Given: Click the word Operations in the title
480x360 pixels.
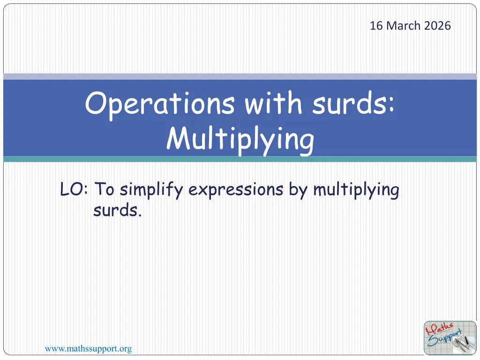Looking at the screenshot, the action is pos(160,104).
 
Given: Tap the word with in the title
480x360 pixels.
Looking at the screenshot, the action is pos(274,103).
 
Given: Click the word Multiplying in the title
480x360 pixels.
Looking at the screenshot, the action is pos(240,139).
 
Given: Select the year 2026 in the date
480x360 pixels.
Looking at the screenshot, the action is pos(437,26).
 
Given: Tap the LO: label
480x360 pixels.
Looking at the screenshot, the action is pos(74,189).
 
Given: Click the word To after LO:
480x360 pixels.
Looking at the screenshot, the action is pos(105,189).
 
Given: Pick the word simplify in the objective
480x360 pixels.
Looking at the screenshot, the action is pos(151,190).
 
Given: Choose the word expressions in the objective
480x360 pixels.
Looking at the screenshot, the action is pos(236,190).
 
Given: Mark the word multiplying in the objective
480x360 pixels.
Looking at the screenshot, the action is pos(356,190).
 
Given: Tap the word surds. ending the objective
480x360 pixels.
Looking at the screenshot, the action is pos(118,210).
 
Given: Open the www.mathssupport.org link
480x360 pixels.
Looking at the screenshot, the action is pos(88,349).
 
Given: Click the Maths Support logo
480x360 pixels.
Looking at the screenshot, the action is pos(450,338).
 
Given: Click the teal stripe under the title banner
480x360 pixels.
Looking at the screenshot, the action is pos(240,159).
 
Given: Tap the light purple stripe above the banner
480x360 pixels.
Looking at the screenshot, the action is pos(240,76).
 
